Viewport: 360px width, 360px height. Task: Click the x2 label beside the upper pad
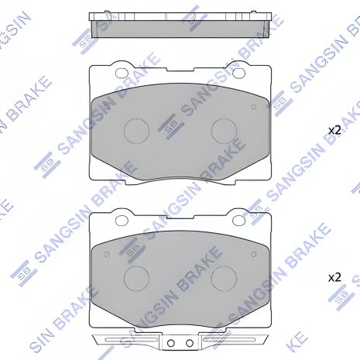[334, 131]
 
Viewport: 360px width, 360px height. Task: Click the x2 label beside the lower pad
[334, 276]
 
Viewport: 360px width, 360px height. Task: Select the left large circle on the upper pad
[137, 129]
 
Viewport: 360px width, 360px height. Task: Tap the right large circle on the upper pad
[224, 129]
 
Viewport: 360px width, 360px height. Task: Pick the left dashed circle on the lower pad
[137, 276]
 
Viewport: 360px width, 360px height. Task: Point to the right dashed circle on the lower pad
[224, 276]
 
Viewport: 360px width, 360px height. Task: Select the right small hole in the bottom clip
[188, 343]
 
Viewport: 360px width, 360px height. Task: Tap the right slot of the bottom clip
[229, 341]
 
